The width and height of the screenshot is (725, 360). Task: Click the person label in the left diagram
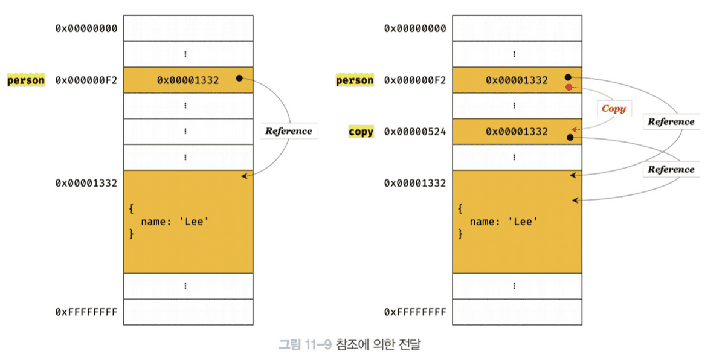(x=26, y=80)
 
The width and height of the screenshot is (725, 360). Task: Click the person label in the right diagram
(x=355, y=80)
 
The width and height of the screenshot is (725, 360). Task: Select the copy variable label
(x=361, y=132)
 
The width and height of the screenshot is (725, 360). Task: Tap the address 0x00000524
(x=415, y=132)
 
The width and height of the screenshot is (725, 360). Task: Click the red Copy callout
(x=613, y=109)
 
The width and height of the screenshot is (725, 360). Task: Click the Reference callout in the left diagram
(x=289, y=131)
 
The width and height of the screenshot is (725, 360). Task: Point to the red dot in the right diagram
(x=568, y=88)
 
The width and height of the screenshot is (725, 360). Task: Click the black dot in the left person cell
(x=239, y=78)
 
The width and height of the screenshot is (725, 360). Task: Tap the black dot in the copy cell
(x=570, y=138)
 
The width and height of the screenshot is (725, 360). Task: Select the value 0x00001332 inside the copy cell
(x=517, y=132)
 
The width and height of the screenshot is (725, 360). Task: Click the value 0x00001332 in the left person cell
(x=188, y=80)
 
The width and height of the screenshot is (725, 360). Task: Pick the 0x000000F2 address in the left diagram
(x=86, y=80)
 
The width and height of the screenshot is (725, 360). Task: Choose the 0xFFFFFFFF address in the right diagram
(x=415, y=312)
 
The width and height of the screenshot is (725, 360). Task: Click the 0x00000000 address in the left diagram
(x=86, y=28)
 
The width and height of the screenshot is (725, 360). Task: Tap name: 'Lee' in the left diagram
(x=175, y=222)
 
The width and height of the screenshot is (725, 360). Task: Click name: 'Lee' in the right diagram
(x=503, y=222)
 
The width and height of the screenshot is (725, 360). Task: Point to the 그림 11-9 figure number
(x=304, y=346)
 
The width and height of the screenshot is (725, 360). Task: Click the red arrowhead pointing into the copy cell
(x=573, y=129)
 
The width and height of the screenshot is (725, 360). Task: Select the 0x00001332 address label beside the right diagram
(x=415, y=183)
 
